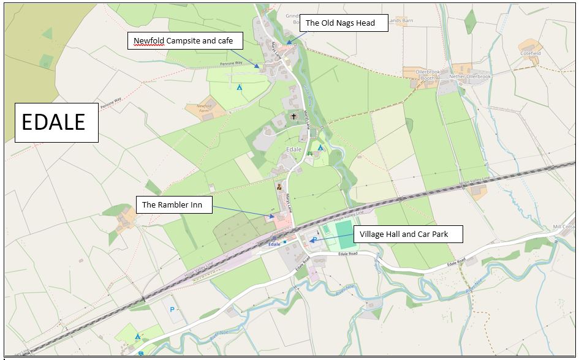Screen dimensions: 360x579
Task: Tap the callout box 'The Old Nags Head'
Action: click(345, 23)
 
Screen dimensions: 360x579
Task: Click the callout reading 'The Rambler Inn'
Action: click(173, 205)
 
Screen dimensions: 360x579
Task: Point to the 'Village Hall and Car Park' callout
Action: click(408, 234)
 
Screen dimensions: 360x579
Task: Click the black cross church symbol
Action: click(293, 116)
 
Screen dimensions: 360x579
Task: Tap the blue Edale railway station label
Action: click(274, 244)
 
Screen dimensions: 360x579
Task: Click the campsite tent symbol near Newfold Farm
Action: click(240, 88)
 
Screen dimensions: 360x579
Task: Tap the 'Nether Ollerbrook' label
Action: click(470, 77)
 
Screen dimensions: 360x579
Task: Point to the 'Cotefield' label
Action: click(531, 53)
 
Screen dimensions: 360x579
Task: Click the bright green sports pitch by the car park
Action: click(345, 235)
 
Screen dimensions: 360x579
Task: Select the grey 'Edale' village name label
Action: click(293, 149)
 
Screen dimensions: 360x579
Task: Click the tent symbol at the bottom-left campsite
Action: click(137, 336)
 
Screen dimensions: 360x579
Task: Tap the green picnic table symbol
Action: click(310, 154)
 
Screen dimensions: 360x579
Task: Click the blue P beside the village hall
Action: click(315, 239)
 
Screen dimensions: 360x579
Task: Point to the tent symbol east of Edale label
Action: click(320, 148)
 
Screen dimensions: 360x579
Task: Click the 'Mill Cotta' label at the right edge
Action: click(565, 227)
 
